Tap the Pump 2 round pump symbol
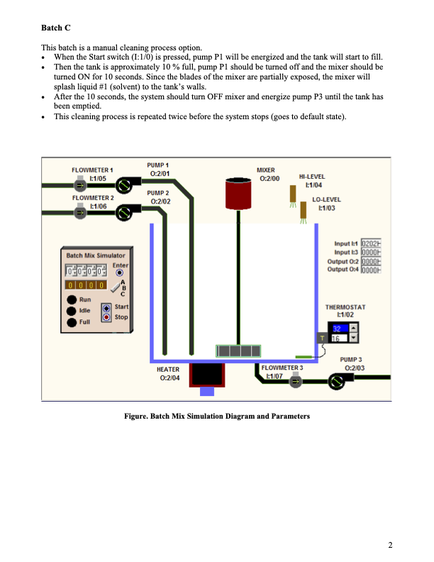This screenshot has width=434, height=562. [x=124, y=211]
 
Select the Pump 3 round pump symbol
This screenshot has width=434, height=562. [x=337, y=382]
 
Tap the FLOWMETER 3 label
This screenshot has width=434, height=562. [x=282, y=369]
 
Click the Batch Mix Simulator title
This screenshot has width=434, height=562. [x=96, y=255]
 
